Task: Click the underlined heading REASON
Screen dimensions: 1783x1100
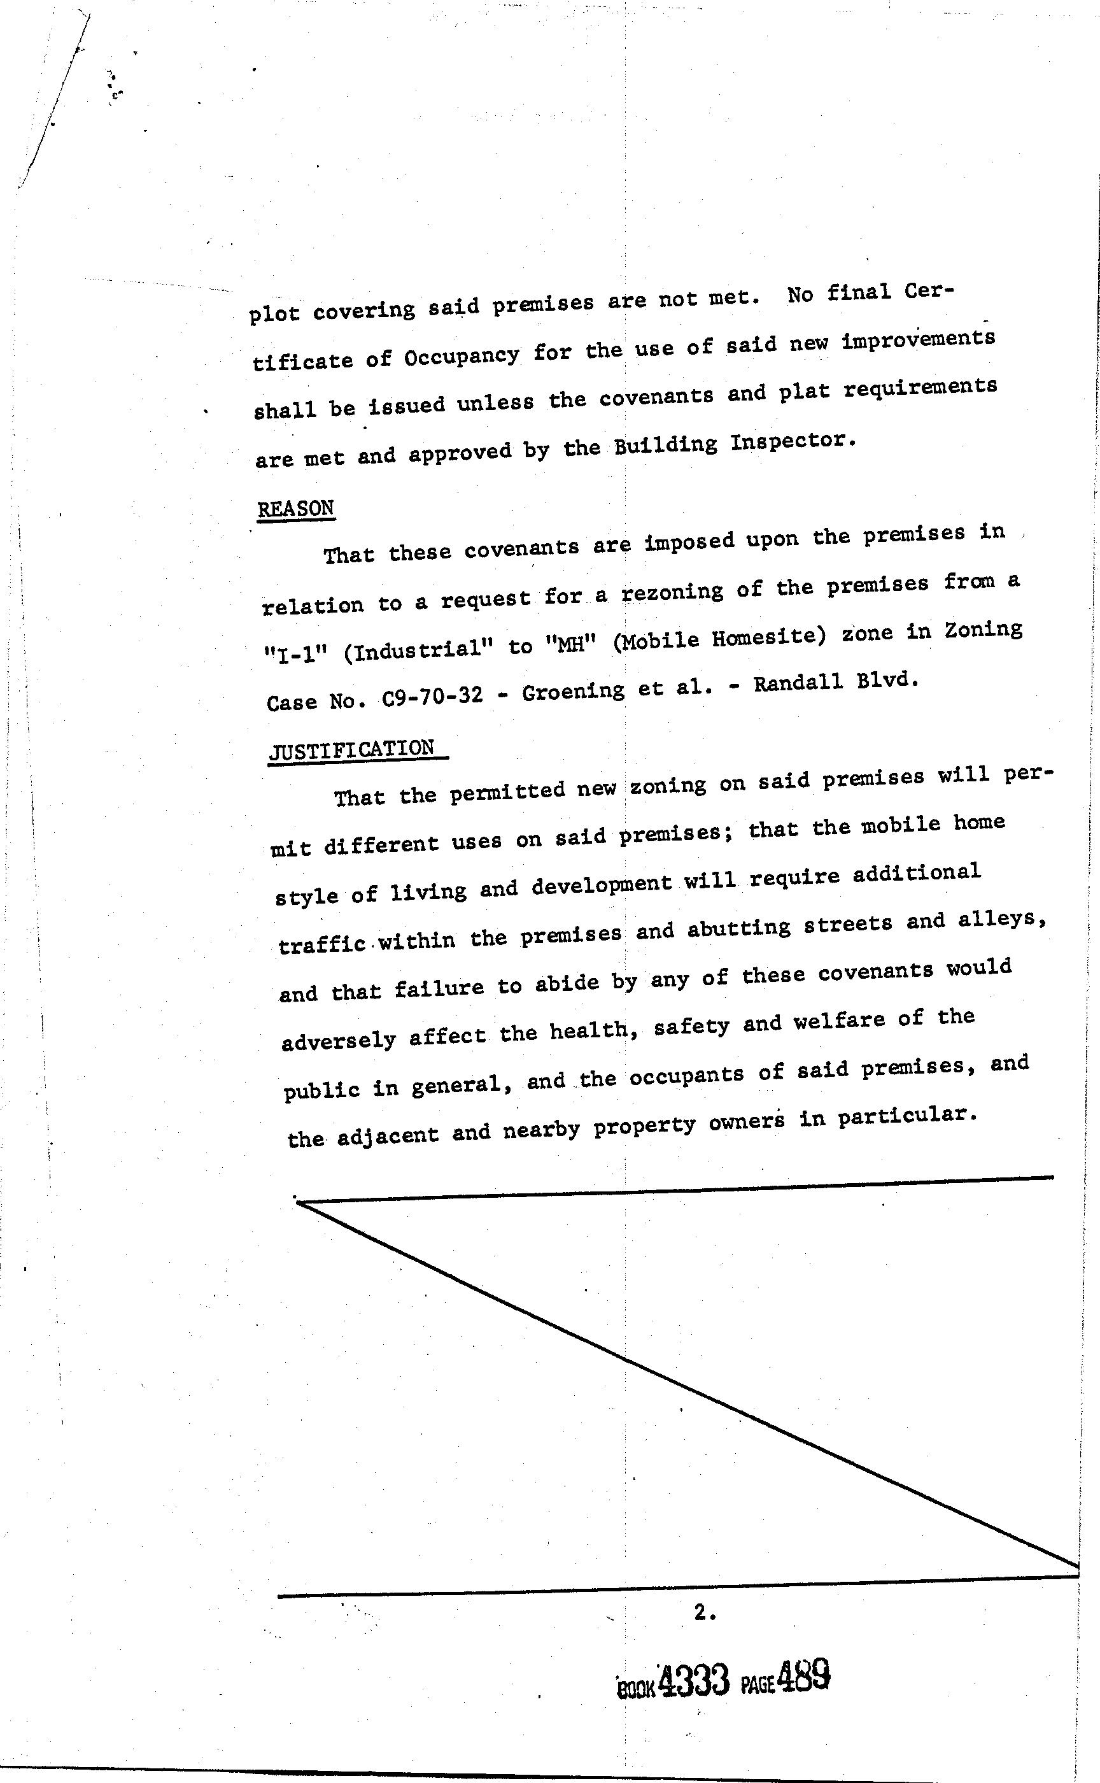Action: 295,508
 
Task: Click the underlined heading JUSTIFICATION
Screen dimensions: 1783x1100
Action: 352,749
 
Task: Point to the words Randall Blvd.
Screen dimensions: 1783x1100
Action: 836,683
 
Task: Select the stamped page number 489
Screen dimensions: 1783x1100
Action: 803,1676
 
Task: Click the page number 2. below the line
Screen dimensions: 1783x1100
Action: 704,1613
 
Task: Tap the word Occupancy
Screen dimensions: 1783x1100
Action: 462,357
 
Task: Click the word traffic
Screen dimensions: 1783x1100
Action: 321,944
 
